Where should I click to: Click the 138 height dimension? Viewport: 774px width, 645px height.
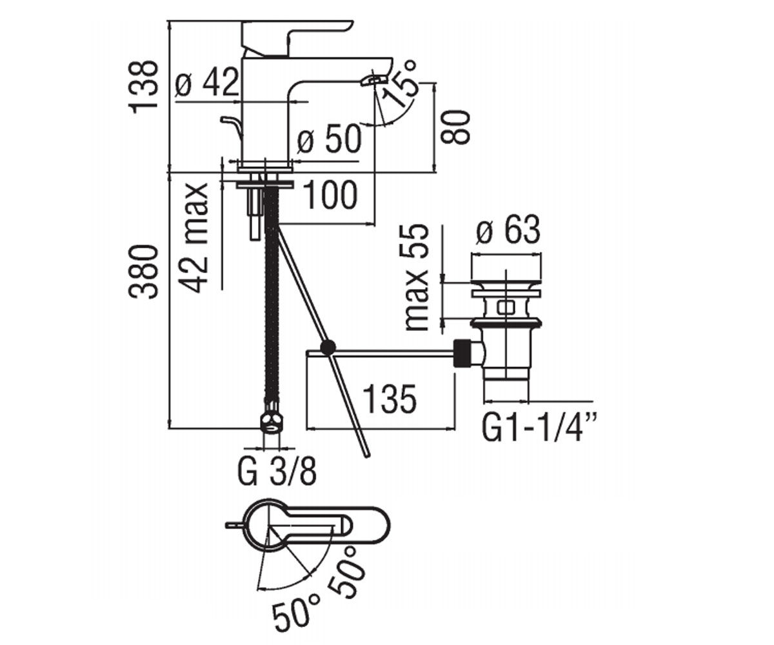point(143,85)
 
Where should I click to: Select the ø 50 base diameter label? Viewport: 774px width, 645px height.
point(328,139)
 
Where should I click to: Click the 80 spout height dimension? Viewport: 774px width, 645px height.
point(455,127)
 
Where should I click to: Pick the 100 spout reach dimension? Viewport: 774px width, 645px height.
point(330,195)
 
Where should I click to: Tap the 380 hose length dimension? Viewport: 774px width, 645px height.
point(143,272)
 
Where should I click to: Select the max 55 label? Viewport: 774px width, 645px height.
point(417,277)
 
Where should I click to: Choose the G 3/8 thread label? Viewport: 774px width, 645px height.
point(277,472)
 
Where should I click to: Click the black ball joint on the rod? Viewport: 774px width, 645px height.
point(328,348)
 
